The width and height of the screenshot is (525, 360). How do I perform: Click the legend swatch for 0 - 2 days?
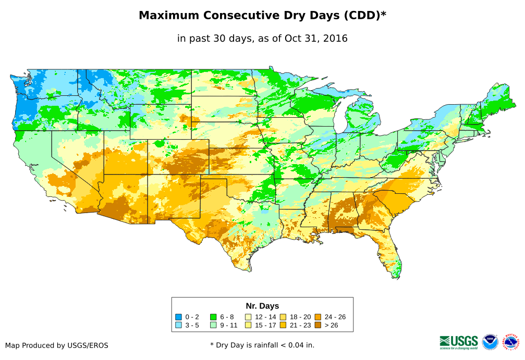pyautogui.click(x=179, y=317)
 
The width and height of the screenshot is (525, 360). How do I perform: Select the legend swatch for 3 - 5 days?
pyautogui.click(x=179, y=326)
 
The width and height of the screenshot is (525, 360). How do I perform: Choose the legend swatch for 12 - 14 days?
pyautogui.click(x=248, y=317)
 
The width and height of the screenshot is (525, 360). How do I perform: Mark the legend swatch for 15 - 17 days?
pyautogui.click(x=248, y=326)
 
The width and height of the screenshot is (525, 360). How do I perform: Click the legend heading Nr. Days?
pyautogui.click(x=262, y=306)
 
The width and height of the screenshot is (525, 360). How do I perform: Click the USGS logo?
pyautogui.click(x=459, y=342)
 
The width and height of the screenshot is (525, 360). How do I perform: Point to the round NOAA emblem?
pyautogui.click(x=490, y=342)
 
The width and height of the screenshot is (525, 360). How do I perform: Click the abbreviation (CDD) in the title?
pyautogui.click(x=360, y=16)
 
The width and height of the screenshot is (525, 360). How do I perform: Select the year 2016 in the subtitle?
pyautogui.click(x=336, y=38)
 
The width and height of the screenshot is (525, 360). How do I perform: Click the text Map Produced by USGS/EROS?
pyautogui.click(x=57, y=345)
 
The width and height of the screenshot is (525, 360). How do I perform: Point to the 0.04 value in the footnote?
pyautogui.click(x=298, y=345)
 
